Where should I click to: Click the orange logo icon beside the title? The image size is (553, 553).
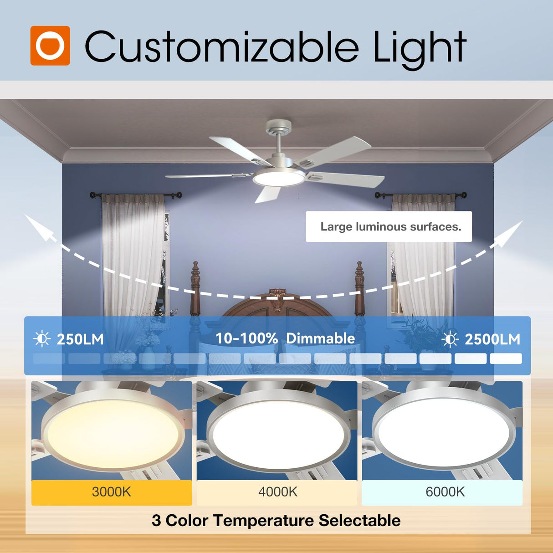(x=50, y=46)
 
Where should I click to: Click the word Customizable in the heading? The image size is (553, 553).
(x=221, y=47)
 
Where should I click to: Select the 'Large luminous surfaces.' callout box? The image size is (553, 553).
(x=389, y=226)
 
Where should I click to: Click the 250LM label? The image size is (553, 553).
(x=80, y=339)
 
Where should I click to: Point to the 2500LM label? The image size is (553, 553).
(x=492, y=339)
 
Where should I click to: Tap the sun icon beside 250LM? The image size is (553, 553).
(x=42, y=339)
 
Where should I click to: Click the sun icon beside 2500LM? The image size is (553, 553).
(x=450, y=339)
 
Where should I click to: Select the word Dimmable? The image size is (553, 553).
(x=320, y=338)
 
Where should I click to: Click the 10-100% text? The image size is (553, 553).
(x=246, y=338)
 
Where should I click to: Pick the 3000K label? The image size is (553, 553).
(x=112, y=492)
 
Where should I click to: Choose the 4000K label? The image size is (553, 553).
(x=277, y=492)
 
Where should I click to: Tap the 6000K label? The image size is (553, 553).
(x=445, y=492)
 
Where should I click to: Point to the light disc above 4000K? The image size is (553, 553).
(x=277, y=430)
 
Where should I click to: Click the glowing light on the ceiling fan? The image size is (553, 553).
(x=279, y=178)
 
